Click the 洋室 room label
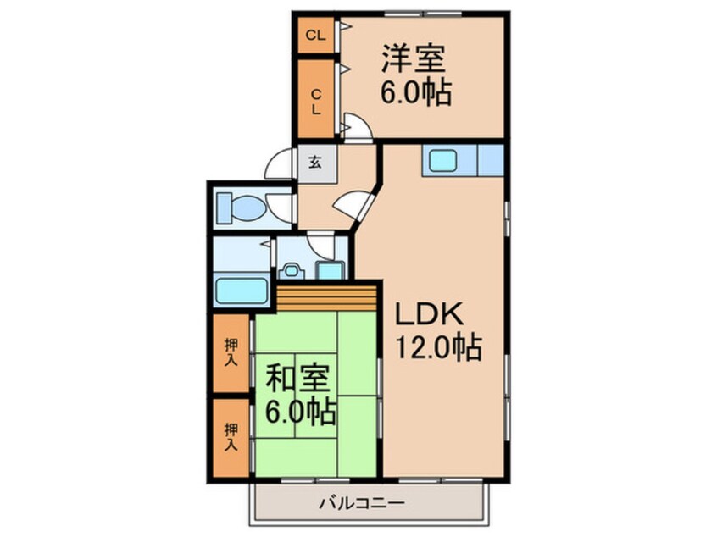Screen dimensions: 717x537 414,58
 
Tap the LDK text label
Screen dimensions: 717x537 429,314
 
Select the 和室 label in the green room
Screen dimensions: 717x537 298,378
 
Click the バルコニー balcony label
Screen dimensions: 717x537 362,504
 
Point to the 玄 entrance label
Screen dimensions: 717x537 314,162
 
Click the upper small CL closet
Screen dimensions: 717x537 316,36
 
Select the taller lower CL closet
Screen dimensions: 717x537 316,99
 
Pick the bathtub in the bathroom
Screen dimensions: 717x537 242,291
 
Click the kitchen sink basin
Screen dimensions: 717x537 442,161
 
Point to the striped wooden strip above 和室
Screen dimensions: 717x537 326,299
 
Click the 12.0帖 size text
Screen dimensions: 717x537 438,347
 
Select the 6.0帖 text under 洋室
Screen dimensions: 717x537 416,92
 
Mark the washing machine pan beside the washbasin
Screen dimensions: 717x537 330,270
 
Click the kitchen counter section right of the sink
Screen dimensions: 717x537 491,160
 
